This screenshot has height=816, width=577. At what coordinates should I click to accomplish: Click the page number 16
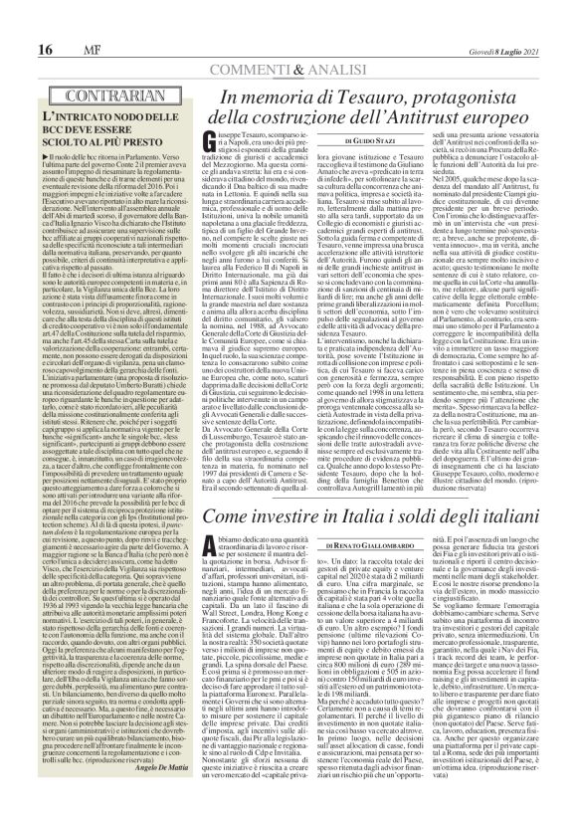coord(19,21)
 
